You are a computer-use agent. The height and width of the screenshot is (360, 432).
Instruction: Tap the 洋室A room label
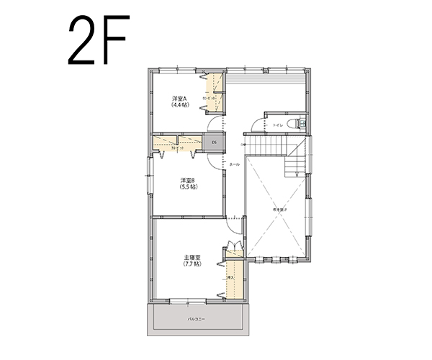point(179,98)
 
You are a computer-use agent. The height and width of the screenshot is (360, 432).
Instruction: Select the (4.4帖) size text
point(179,105)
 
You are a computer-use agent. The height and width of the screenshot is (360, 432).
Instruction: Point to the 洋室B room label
point(188,180)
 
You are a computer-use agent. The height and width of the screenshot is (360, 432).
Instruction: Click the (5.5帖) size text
point(188,187)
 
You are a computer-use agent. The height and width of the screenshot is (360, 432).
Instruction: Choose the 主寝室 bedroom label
point(192,257)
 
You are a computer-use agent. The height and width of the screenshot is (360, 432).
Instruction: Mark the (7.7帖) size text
point(192,264)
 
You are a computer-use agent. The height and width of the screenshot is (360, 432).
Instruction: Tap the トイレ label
point(277,125)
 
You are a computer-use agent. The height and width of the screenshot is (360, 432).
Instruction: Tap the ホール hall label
point(234,165)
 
